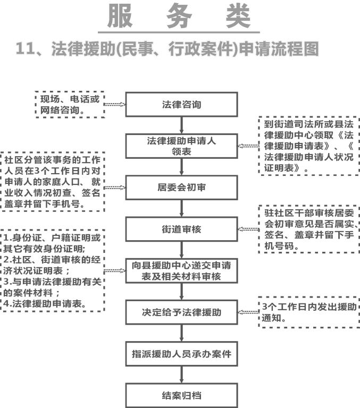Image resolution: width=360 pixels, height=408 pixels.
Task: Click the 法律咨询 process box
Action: (x=181, y=105)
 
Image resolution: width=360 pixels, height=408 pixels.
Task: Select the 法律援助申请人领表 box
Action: (x=181, y=146)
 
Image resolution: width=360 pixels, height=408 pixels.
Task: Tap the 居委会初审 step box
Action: (x=181, y=187)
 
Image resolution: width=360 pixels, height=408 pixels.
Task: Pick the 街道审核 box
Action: (x=181, y=229)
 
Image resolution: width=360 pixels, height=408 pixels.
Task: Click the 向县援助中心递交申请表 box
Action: (x=181, y=270)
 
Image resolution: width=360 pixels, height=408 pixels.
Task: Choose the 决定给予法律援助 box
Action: (x=181, y=312)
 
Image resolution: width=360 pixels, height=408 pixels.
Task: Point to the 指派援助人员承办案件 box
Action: (x=181, y=354)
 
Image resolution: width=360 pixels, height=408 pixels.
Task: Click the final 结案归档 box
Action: (x=181, y=395)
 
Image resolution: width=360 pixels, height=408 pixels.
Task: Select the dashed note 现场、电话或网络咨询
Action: (x=69, y=104)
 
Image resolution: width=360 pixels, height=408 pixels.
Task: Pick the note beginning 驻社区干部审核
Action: (x=309, y=229)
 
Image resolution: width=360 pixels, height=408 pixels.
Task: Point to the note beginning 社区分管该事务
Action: (x=52, y=182)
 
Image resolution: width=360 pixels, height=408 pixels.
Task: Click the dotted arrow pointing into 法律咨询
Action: (x=114, y=105)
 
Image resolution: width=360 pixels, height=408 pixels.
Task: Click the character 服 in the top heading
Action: (x=121, y=16)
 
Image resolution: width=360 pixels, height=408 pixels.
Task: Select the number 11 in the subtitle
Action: (x=26, y=49)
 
